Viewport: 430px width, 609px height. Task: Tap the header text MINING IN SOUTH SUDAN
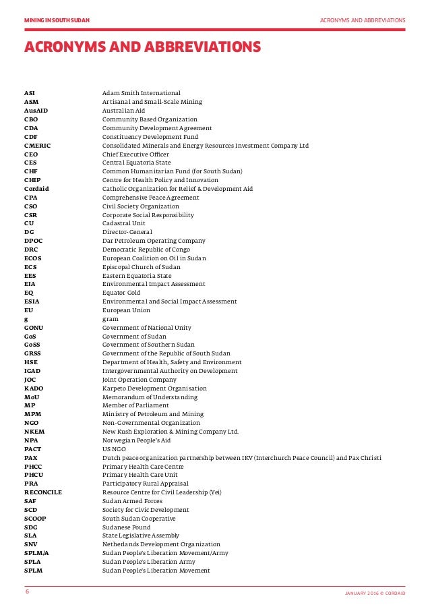click(x=57, y=20)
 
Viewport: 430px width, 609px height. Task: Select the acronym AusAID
click(x=36, y=110)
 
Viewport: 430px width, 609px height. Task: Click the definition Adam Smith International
click(x=142, y=92)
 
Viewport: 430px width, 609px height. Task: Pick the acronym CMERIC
click(x=37, y=145)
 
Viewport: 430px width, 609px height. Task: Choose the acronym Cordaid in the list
click(x=36, y=189)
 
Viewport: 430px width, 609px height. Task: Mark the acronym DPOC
click(x=33, y=241)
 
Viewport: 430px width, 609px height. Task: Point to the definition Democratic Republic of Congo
click(x=146, y=250)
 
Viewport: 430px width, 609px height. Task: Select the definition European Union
click(x=126, y=310)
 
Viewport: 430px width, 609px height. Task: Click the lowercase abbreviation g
click(x=26, y=319)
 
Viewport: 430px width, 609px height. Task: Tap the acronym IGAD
click(x=33, y=371)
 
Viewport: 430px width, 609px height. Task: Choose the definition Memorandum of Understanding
click(x=149, y=397)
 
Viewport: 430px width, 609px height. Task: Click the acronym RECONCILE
click(x=43, y=492)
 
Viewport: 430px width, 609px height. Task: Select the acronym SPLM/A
click(x=36, y=553)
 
